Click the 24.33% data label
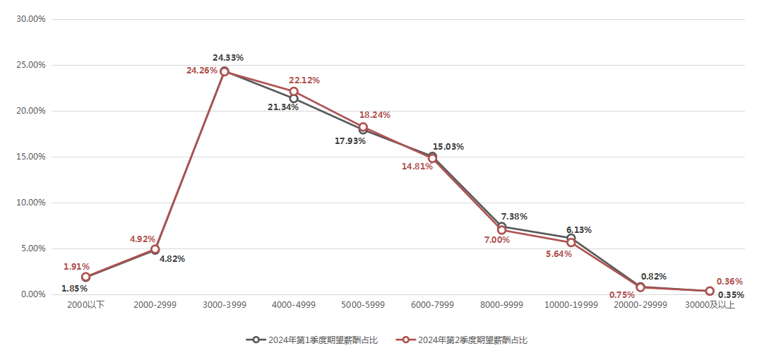(x=228, y=57)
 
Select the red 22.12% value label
(x=304, y=80)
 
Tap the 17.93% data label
(x=350, y=141)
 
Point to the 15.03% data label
(x=448, y=147)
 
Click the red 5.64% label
(x=559, y=254)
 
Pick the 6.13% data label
(x=578, y=230)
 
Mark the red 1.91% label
(x=76, y=267)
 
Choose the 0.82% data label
(x=653, y=277)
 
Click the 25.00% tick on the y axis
(x=31, y=65)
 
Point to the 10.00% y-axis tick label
(x=31, y=203)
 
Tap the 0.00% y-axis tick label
(x=33, y=294)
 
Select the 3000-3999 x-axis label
(x=225, y=305)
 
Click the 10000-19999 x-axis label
(x=571, y=305)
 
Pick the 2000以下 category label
(x=86, y=305)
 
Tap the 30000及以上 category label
(x=710, y=305)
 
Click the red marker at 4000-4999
(x=294, y=91)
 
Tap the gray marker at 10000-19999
(x=571, y=239)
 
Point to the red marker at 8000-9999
(x=502, y=230)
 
